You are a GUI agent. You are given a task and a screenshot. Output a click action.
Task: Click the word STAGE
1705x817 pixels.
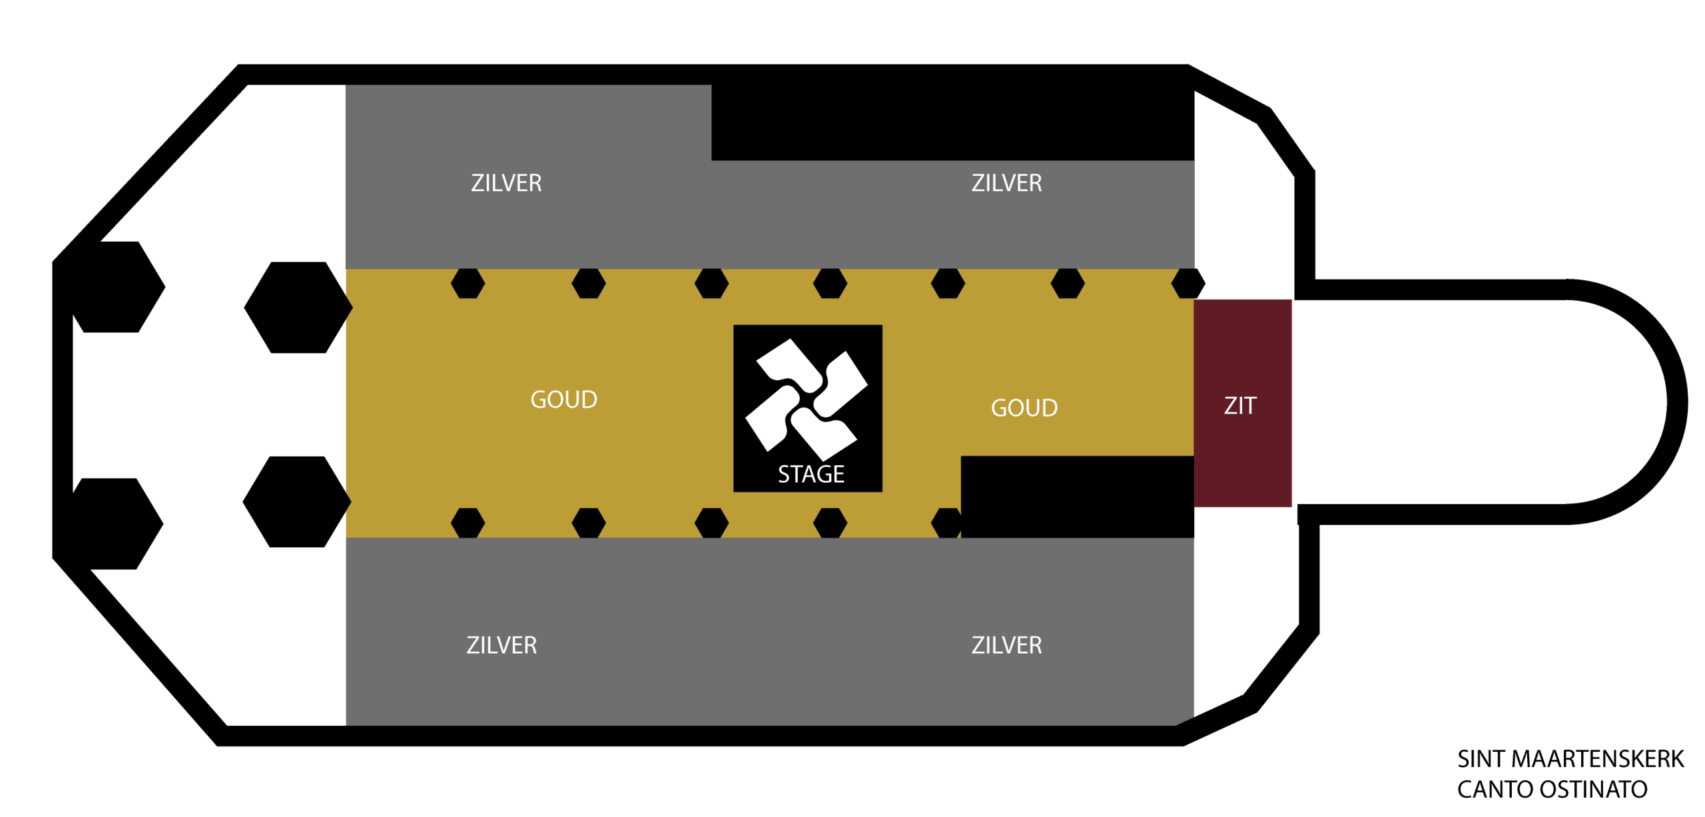pyautogui.click(x=811, y=474)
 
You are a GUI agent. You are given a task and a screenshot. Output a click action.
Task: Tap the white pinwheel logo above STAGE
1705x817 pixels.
pyautogui.click(x=806, y=400)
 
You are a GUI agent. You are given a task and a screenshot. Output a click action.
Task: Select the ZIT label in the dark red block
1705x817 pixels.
pyautogui.click(x=1239, y=406)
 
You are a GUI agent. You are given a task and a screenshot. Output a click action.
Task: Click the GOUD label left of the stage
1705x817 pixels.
pyautogui.click(x=563, y=400)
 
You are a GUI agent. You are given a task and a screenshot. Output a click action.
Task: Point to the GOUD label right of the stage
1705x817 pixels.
pyautogui.click(x=1024, y=408)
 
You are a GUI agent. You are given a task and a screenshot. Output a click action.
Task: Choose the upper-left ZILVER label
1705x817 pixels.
pyautogui.click(x=506, y=182)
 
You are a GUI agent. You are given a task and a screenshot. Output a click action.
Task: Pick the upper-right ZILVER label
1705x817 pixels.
pyautogui.click(x=1006, y=182)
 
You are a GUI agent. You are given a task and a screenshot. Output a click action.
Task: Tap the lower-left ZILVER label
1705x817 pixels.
pyautogui.click(x=502, y=645)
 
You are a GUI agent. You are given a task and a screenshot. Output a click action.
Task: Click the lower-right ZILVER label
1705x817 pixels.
pyautogui.click(x=1006, y=645)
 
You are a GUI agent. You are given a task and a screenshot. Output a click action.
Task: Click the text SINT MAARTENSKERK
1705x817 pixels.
pyautogui.click(x=1570, y=758)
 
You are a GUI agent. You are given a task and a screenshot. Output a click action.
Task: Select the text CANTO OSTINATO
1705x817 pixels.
pyautogui.click(x=1552, y=789)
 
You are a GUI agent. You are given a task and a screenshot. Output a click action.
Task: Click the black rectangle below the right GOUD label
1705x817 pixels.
pyautogui.click(x=1077, y=497)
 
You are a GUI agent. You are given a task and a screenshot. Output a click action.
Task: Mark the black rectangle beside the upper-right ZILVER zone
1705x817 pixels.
pyautogui.click(x=952, y=123)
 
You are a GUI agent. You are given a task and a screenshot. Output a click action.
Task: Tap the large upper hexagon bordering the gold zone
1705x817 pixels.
pyautogui.click(x=298, y=307)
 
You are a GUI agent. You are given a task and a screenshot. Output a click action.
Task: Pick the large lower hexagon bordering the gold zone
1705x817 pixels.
pyautogui.click(x=297, y=501)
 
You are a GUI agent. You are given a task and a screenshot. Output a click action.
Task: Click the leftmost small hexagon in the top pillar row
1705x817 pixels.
pyautogui.click(x=468, y=283)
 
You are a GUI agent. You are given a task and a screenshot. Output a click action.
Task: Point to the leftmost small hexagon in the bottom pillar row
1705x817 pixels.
pyautogui.click(x=468, y=523)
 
